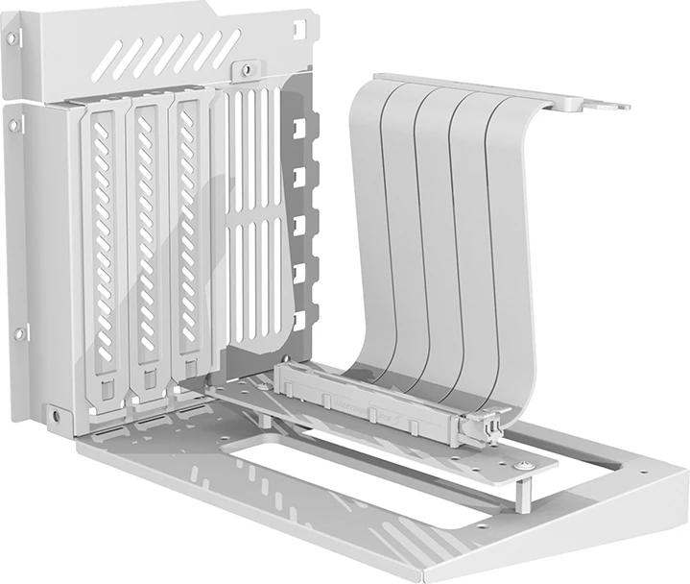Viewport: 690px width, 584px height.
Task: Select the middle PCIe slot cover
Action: coord(147,250)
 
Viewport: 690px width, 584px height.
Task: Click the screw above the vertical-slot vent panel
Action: coord(248,69)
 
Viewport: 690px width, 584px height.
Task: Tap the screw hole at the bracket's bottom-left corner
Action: coord(56,416)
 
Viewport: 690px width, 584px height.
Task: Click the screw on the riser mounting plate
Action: coord(524,465)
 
